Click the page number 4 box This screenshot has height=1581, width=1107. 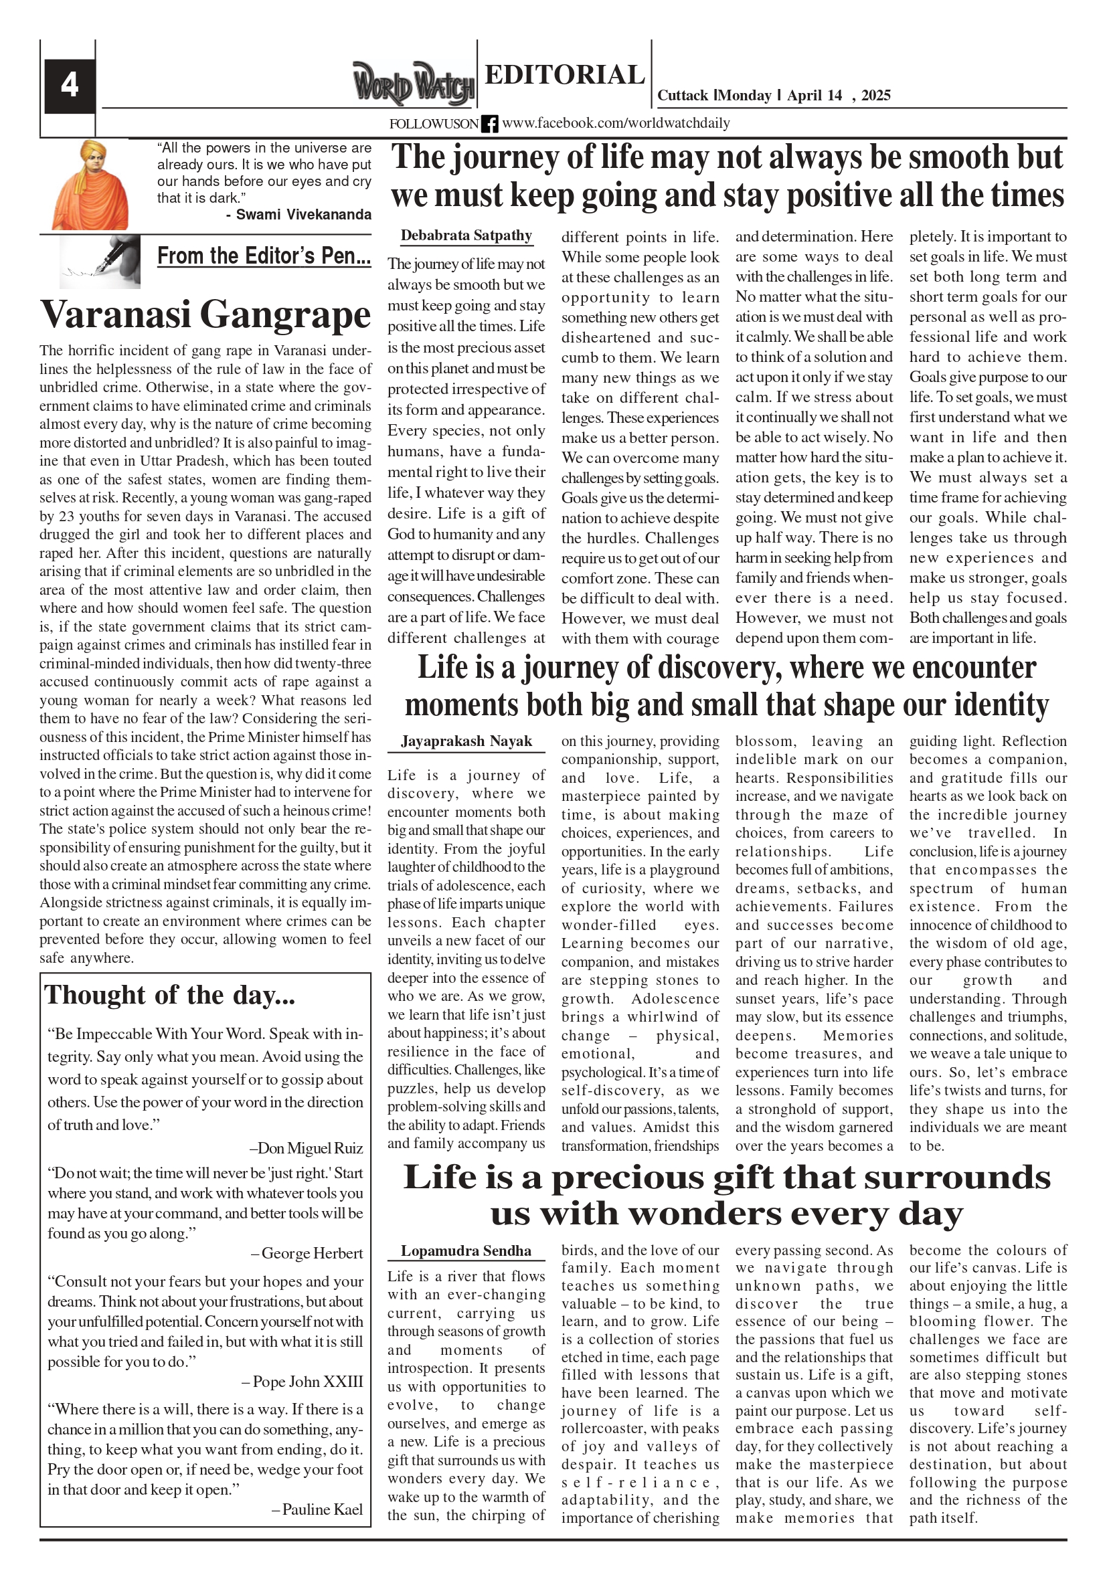pyautogui.click(x=70, y=86)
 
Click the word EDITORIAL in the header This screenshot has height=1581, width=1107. pyautogui.click(x=564, y=74)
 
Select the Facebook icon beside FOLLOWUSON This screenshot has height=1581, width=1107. pyautogui.click(x=489, y=124)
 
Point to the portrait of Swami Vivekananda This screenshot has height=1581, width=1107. pyautogui.click(x=90, y=185)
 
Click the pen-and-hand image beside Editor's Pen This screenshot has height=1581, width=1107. pyautogui.click(x=100, y=262)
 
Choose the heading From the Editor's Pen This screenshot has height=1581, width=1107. pyautogui.click(x=264, y=256)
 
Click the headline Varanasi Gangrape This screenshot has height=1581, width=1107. pyautogui.click(x=205, y=314)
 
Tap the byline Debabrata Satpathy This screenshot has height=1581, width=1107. pyautogui.click(x=466, y=236)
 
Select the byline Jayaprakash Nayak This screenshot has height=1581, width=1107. pyautogui.click(x=466, y=741)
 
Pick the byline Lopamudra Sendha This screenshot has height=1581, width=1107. pyautogui.click(x=466, y=1250)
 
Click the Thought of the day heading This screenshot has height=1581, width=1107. pyautogui.click(x=169, y=995)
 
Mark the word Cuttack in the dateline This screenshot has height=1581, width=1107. pyautogui.click(x=682, y=96)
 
